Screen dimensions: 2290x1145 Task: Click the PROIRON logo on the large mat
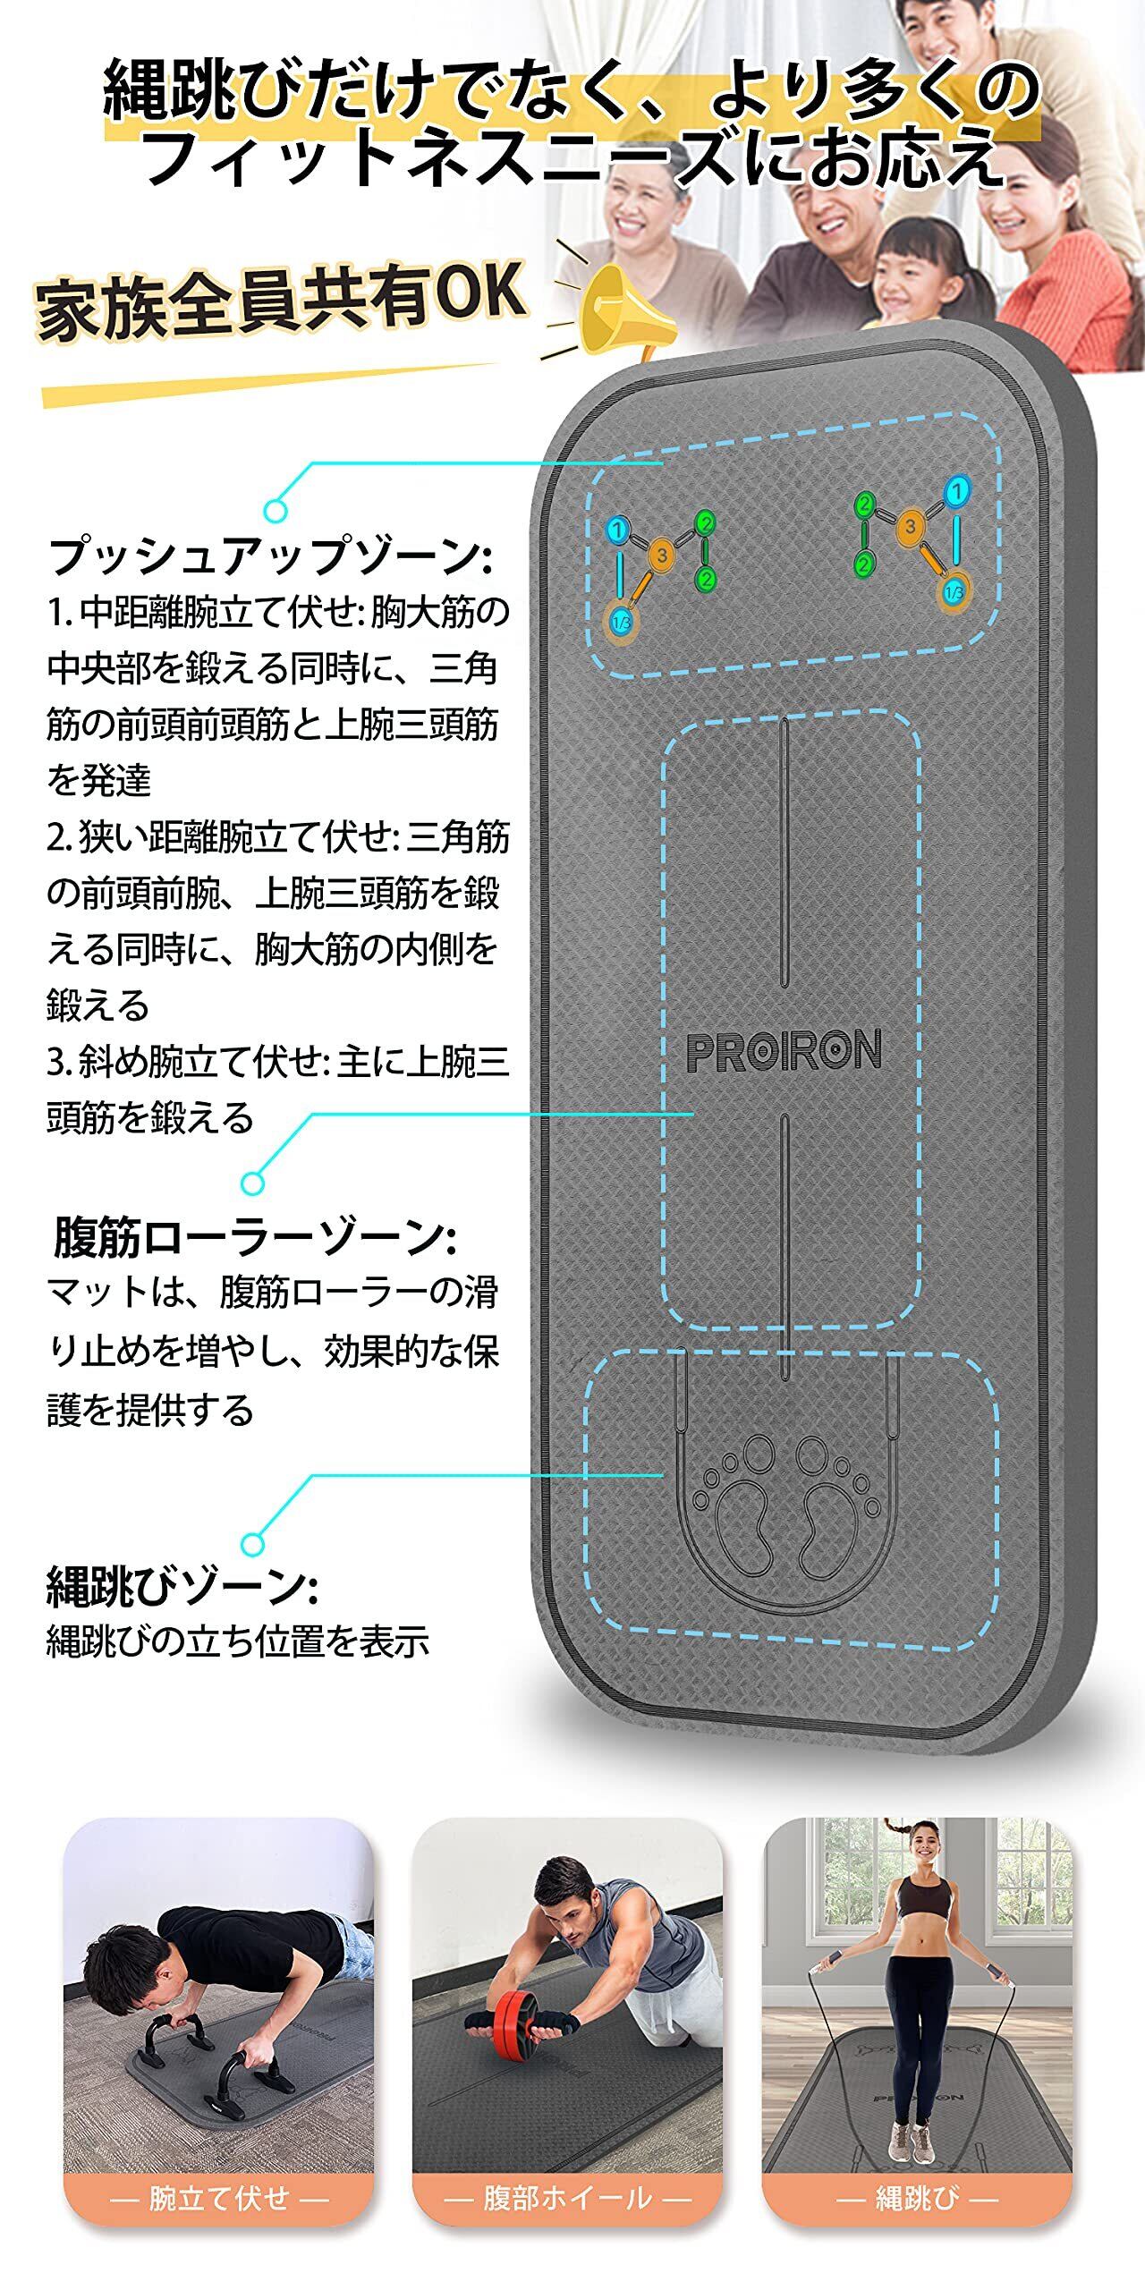[784, 1050]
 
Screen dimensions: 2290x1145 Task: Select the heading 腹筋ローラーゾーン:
[255, 1238]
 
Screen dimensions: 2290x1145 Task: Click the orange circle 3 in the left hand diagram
[661, 556]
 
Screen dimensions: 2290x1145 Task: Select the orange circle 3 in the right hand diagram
[910, 527]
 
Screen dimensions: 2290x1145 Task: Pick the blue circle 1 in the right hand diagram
[957, 491]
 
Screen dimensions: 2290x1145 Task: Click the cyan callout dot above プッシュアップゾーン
[276, 510]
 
